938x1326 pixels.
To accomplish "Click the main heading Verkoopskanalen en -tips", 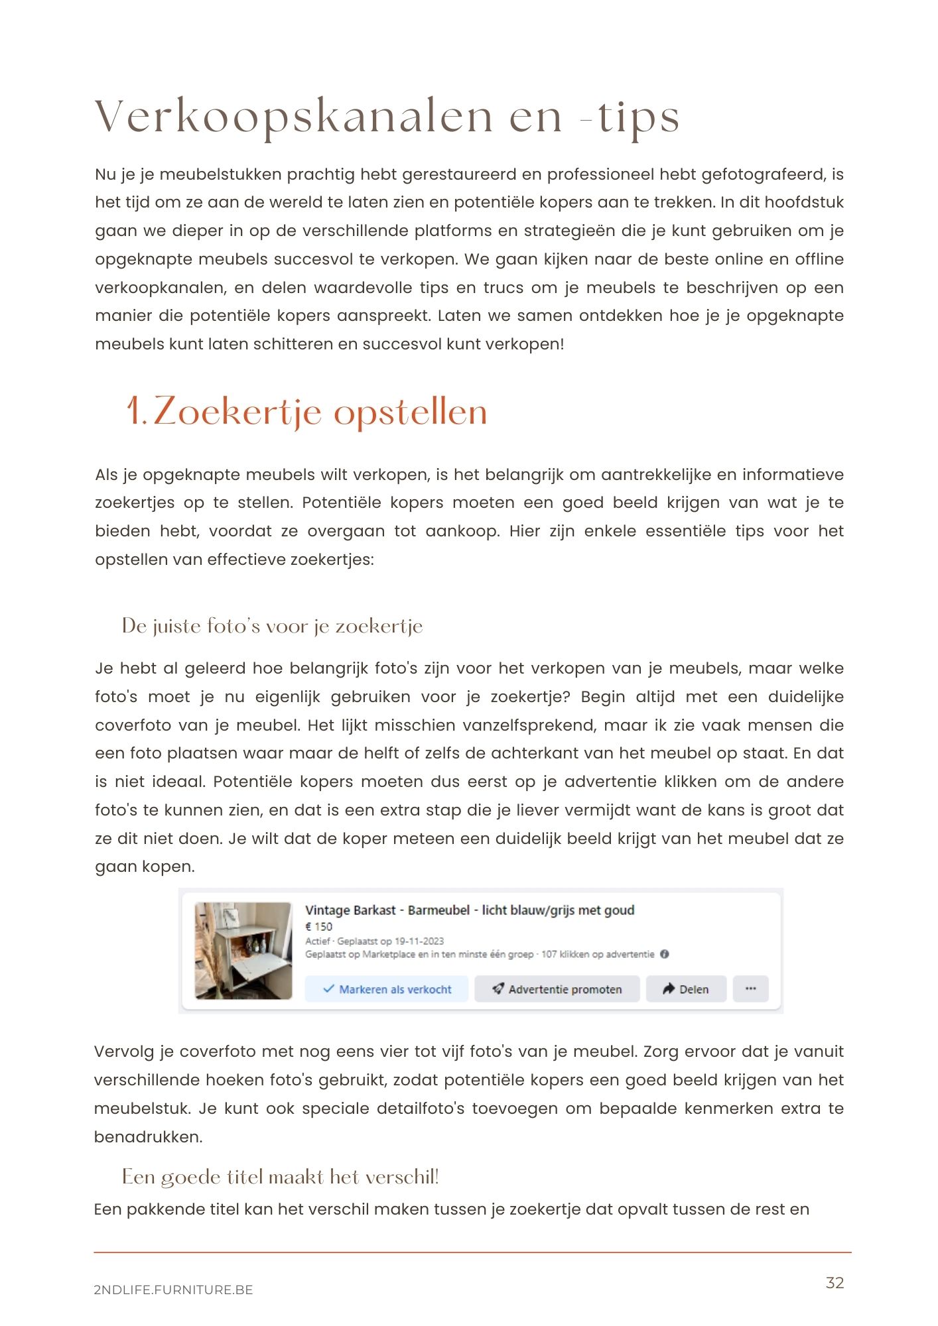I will [x=387, y=117].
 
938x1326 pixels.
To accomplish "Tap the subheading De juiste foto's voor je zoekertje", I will [x=272, y=626].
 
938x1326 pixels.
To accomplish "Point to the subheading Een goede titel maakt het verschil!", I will [x=280, y=1177].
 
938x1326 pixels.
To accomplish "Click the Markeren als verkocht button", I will [x=387, y=989].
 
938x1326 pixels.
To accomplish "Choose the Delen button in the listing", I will [x=686, y=989].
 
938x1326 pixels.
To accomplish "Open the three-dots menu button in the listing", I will [x=750, y=989].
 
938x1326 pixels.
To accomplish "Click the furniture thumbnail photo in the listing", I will [x=243, y=950].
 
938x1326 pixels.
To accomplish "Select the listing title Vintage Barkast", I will [x=350, y=910].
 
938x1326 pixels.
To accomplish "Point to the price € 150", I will [x=319, y=927].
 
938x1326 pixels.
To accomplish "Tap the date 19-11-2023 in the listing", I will [x=419, y=941].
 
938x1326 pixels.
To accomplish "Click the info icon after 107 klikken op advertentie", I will [x=665, y=954].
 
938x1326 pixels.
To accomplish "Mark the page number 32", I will [x=835, y=1283].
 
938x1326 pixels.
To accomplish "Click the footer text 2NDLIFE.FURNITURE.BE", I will [x=174, y=1290].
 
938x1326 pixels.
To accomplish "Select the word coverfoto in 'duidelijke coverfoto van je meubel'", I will [x=133, y=725].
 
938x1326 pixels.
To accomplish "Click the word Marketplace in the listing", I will [x=389, y=954].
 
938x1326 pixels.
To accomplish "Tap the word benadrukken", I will [x=147, y=1137].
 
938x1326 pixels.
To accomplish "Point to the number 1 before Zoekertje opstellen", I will [x=134, y=412].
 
